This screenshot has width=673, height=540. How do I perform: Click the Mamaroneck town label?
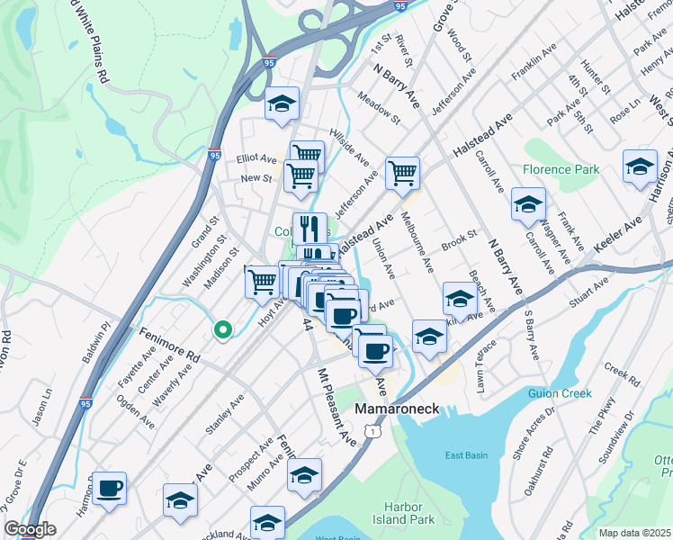[x=397, y=409]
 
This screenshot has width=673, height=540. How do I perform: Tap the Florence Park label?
[x=560, y=169]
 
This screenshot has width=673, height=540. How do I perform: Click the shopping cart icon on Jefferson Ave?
[x=402, y=172]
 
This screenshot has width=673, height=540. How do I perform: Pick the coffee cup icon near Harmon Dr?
[x=109, y=488]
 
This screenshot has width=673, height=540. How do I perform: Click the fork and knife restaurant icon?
[x=310, y=228]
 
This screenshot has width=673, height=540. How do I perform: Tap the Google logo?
[x=31, y=529]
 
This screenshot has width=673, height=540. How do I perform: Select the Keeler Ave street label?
[x=619, y=232]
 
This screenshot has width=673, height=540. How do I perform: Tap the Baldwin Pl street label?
[x=97, y=341]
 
